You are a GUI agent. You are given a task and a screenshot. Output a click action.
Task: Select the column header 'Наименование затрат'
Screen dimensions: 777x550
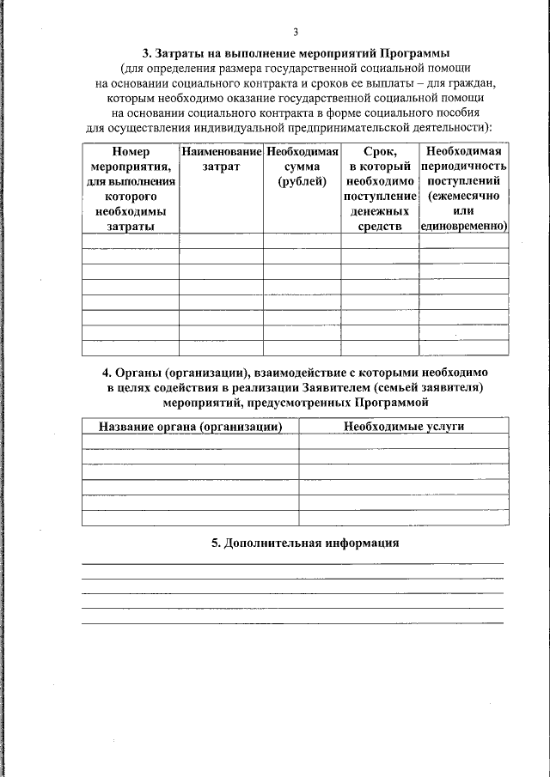(x=221, y=159)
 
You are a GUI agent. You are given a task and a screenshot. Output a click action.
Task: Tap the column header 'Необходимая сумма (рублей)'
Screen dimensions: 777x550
(x=302, y=167)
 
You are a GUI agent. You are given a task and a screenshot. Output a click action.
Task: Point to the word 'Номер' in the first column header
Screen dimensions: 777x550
(x=130, y=151)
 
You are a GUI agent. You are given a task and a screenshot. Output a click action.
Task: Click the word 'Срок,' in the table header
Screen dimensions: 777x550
(x=379, y=151)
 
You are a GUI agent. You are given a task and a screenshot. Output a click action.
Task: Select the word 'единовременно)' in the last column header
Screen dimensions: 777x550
(x=463, y=226)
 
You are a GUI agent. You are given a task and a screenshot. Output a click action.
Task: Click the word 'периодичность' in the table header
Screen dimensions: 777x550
(x=463, y=167)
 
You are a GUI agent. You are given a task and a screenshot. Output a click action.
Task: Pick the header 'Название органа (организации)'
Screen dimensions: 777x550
(x=190, y=427)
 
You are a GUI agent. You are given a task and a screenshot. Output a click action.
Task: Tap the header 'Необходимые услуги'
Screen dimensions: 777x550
(x=403, y=427)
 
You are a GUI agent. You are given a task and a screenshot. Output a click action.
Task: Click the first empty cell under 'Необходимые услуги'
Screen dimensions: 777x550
(x=403, y=442)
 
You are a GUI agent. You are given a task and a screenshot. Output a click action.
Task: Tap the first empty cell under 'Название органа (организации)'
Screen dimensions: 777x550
(x=190, y=442)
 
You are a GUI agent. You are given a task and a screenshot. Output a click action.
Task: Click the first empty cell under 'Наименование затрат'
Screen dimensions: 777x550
(x=221, y=241)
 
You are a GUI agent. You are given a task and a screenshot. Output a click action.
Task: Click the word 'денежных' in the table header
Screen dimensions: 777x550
(x=379, y=211)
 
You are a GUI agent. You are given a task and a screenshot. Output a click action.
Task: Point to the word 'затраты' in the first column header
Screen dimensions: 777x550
(x=130, y=226)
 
